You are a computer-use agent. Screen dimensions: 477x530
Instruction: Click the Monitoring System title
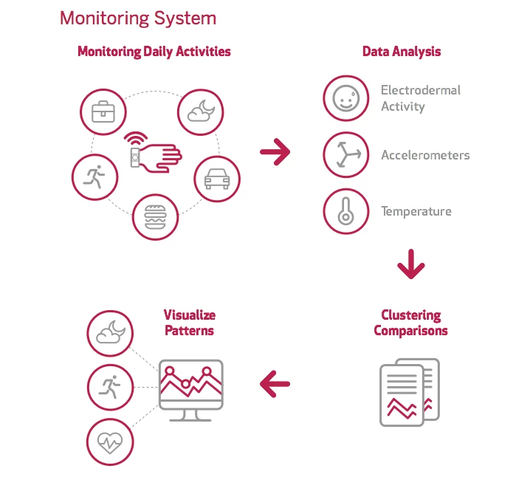click(x=138, y=18)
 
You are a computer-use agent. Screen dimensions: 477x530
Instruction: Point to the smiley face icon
click(x=345, y=98)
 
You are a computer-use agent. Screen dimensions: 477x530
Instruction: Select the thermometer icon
click(x=345, y=211)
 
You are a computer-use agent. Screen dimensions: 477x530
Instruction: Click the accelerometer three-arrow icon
click(x=345, y=155)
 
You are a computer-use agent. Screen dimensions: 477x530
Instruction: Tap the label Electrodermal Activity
click(x=420, y=98)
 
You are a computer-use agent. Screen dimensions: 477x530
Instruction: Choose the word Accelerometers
click(x=424, y=155)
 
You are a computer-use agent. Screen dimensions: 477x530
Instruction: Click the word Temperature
click(x=416, y=212)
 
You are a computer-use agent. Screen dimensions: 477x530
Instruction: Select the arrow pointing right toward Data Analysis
click(x=275, y=153)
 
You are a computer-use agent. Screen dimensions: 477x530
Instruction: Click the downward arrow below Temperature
click(x=411, y=265)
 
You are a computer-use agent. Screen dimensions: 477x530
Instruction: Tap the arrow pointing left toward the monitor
click(x=275, y=383)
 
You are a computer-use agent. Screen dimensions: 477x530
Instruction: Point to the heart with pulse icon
click(x=110, y=442)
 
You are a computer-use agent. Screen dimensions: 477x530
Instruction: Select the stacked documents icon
click(x=409, y=391)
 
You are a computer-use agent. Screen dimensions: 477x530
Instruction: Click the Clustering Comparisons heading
click(x=410, y=323)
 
